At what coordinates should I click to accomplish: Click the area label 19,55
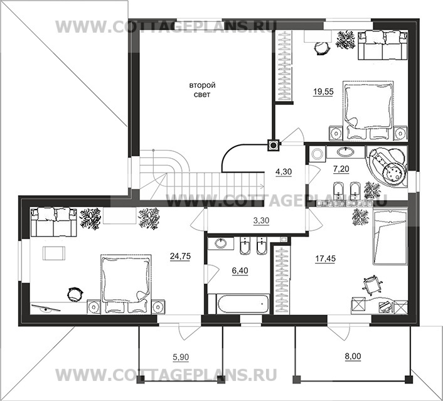(323, 92)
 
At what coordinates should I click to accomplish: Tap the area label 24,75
(180, 256)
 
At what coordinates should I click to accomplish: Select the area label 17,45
(326, 259)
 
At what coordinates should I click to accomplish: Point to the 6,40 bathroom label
(240, 270)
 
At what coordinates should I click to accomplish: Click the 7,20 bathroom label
(341, 169)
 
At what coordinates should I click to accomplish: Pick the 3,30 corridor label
(261, 220)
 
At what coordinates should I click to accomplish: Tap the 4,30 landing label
(284, 171)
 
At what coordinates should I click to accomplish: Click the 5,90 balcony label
(181, 358)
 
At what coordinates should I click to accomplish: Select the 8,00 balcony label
(353, 356)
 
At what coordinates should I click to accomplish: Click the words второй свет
(202, 90)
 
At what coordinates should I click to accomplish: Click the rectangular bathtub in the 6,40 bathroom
(243, 304)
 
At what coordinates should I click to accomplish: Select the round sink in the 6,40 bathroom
(221, 243)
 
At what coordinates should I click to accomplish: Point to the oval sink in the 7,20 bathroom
(345, 152)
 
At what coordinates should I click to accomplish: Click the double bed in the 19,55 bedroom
(368, 110)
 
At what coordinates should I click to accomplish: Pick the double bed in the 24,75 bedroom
(126, 284)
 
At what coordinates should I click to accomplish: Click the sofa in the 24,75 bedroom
(54, 222)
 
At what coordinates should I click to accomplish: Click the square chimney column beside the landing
(273, 146)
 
